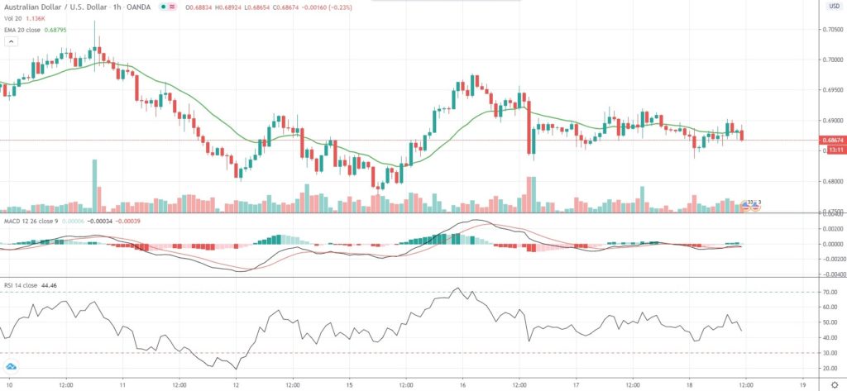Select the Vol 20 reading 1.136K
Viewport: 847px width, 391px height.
pyautogui.click(x=36, y=19)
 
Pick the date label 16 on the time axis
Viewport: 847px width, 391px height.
pyautogui.click(x=462, y=385)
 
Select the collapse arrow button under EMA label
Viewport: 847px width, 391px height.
pyautogui.click(x=9, y=44)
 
